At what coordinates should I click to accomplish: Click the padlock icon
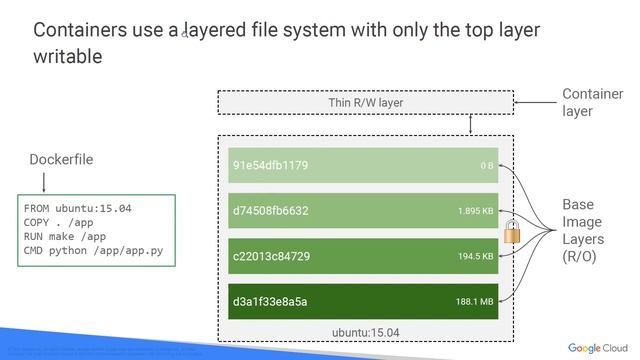pos(513,231)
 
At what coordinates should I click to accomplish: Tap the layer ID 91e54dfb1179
pos(270,165)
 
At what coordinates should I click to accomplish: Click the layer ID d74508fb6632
pos(270,211)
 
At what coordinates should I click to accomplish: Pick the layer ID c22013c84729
pos(271,256)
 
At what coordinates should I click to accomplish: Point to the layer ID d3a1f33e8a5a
pos(269,301)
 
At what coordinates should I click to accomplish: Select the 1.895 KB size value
pos(475,211)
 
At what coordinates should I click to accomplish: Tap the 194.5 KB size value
pos(475,257)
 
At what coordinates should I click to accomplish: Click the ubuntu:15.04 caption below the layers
pos(365,331)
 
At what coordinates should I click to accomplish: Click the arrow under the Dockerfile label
pos(44,182)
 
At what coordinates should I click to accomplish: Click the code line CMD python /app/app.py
pos(92,250)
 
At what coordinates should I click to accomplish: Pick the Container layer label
pos(592,103)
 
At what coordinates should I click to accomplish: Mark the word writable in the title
pos(67,56)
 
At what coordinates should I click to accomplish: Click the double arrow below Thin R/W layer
pos(470,124)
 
